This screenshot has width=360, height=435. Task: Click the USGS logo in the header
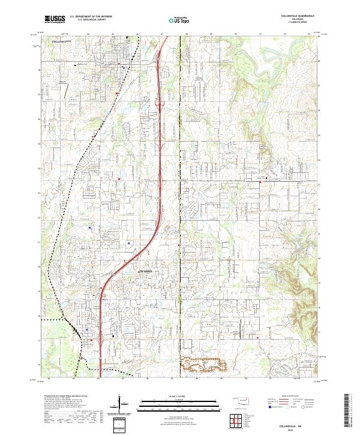tap(55, 19)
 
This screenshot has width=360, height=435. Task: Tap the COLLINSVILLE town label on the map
tap(61, 41)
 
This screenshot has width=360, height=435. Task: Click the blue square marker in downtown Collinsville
tap(122, 68)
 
